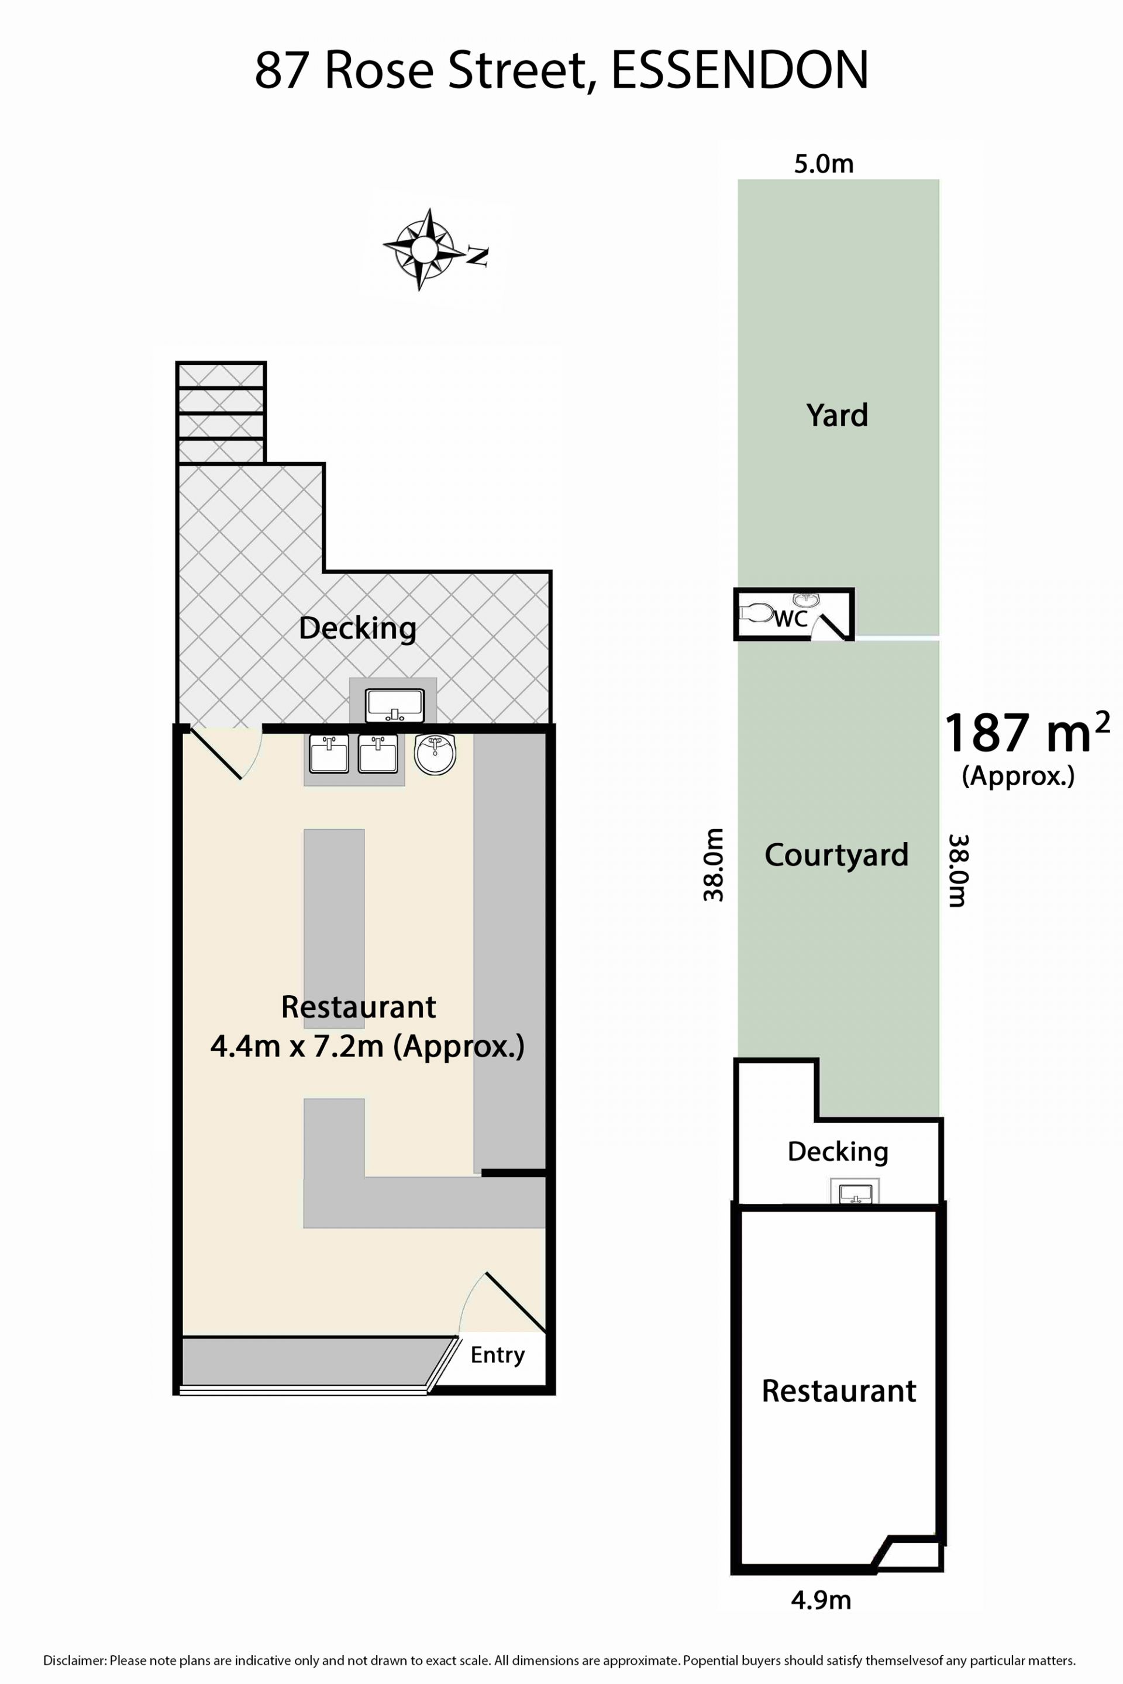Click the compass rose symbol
click(424, 249)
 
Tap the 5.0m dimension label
click(824, 164)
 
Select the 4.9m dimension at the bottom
click(821, 1600)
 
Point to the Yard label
click(836, 415)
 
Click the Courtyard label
click(836, 855)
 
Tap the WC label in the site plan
click(791, 618)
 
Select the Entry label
click(498, 1355)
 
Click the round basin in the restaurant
click(435, 755)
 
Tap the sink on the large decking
click(394, 705)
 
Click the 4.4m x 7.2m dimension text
click(367, 1047)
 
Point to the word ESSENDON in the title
click(740, 70)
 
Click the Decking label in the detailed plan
click(357, 628)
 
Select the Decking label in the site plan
click(838, 1151)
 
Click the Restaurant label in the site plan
click(839, 1390)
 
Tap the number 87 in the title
click(283, 70)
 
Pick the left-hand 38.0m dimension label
click(714, 865)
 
